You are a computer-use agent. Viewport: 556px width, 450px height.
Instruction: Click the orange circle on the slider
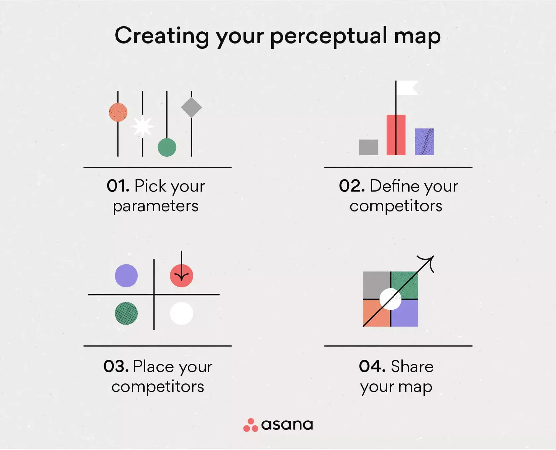[118, 112]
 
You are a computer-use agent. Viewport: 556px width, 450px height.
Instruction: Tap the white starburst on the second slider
[142, 126]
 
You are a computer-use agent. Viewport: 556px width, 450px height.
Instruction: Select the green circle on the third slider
[167, 147]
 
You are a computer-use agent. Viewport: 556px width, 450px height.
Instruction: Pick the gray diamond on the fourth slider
[191, 107]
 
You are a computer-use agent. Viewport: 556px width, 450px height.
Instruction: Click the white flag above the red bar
[407, 88]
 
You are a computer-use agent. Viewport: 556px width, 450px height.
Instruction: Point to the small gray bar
[368, 147]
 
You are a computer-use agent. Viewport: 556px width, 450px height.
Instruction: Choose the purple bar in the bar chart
[424, 142]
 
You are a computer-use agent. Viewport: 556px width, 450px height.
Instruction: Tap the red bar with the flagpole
[396, 135]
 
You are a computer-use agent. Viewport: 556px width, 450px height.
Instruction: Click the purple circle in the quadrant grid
[126, 276]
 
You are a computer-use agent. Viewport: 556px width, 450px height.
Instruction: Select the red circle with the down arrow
[181, 276]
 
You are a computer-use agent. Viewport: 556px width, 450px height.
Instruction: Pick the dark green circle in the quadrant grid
[126, 313]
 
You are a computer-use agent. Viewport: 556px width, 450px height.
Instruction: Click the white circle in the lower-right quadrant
[181, 313]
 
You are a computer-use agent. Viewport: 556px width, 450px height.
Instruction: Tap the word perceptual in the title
[328, 36]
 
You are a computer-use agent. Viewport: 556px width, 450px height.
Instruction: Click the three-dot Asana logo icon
[251, 425]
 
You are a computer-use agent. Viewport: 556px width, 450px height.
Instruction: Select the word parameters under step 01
[156, 206]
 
